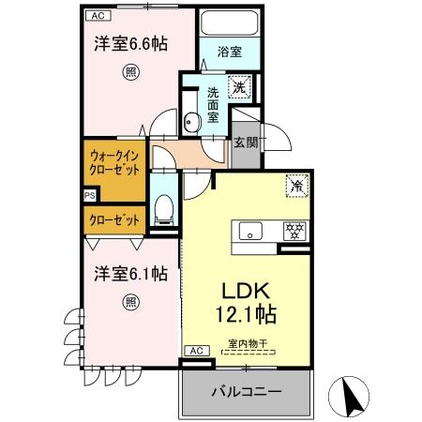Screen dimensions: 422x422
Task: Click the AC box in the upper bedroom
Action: click(97, 16)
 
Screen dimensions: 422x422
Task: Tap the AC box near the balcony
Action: click(196, 351)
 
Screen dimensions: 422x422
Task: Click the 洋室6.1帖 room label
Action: click(130, 275)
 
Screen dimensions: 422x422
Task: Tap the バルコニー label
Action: click(246, 390)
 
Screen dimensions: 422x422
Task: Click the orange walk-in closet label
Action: click(114, 163)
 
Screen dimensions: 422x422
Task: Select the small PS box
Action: click(89, 195)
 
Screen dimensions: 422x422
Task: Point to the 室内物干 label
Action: click(247, 344)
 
